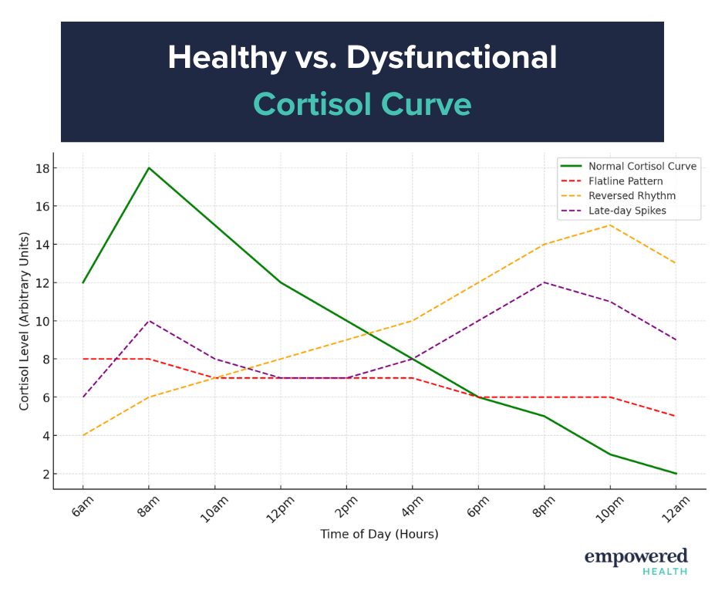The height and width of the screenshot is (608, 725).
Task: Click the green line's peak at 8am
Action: [149, 168]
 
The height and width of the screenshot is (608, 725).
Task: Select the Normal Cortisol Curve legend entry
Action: [642, 166]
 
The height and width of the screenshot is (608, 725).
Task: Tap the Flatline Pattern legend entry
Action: [626, 181]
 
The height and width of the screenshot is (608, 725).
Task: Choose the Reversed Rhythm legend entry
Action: [632, 195]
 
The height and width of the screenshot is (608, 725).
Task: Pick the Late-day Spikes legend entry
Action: [627, 210]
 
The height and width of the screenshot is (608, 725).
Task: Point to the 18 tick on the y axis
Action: [40, 168]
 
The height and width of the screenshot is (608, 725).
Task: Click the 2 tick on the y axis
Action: [43, 474]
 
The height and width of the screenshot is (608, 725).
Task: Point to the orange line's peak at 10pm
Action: [610, 225]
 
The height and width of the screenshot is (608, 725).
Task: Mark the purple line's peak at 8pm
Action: [545, 282]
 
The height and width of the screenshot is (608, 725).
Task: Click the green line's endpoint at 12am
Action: [676, 474]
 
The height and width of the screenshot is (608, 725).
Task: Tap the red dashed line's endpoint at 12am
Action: [676, 417]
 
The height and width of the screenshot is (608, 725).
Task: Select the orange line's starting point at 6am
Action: [83, 435]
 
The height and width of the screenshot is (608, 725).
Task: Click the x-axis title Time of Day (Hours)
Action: [379, 534]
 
